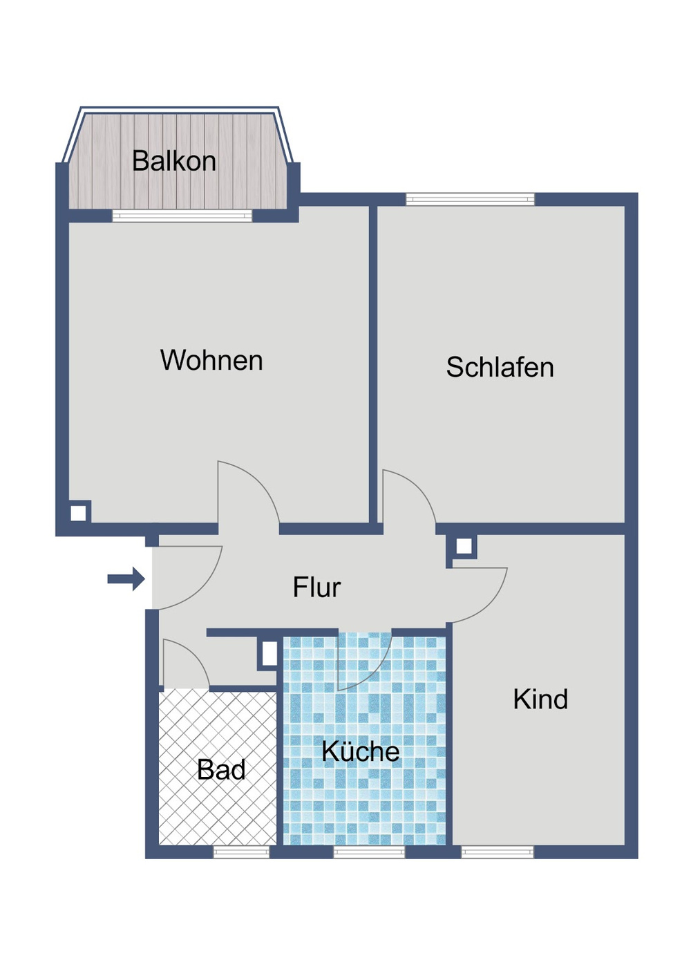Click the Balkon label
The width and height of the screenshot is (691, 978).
(x=174, y=161)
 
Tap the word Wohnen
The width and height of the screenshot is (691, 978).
(x=211, y=360)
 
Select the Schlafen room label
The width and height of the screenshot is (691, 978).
(x=500, y=367)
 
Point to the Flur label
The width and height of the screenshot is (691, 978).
(x=316, y=587)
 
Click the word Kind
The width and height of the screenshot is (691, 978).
(x=540, y=699)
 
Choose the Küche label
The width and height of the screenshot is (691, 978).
(x=361, y=751)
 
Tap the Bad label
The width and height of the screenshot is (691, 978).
(x=221, y=770)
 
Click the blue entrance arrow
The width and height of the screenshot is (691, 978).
(x=126, y=579)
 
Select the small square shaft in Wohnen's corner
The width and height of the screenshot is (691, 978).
(x=79, y=513)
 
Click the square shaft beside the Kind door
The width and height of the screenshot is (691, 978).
(x=464, y=547)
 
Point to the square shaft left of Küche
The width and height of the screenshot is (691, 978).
(x=269, y=653)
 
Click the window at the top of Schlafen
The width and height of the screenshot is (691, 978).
(x=470, y=200)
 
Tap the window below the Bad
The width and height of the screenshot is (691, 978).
(x=240, y=852)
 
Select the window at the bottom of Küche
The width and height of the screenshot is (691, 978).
(x=369, y=852)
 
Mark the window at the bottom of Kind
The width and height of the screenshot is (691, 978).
(x=498, y=852)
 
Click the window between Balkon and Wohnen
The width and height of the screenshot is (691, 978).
(x=182, y=216)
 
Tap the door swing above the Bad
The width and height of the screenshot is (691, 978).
(x=182, y=665)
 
